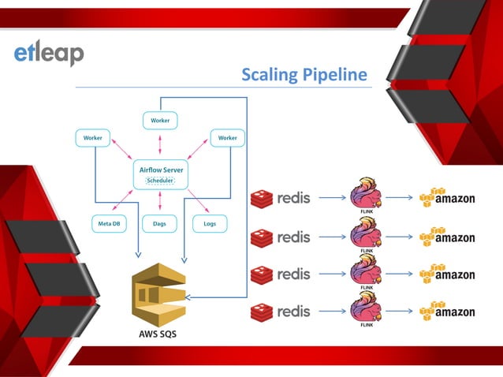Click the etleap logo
[x=48, y=53]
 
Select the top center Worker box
[x=160, y=121]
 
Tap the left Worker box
[x=93, y=138]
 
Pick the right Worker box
[x=227, y=138]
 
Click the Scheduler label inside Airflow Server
[x=160, y=181]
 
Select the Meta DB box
[x=109, y=224]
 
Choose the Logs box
[x=210, y=224]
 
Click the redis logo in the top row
[x=281, y=199]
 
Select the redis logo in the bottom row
[x=281, y=312]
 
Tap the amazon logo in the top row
[x=447, y=198]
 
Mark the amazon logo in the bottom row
[x=447, y=311]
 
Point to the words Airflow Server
[x=160, y=169]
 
